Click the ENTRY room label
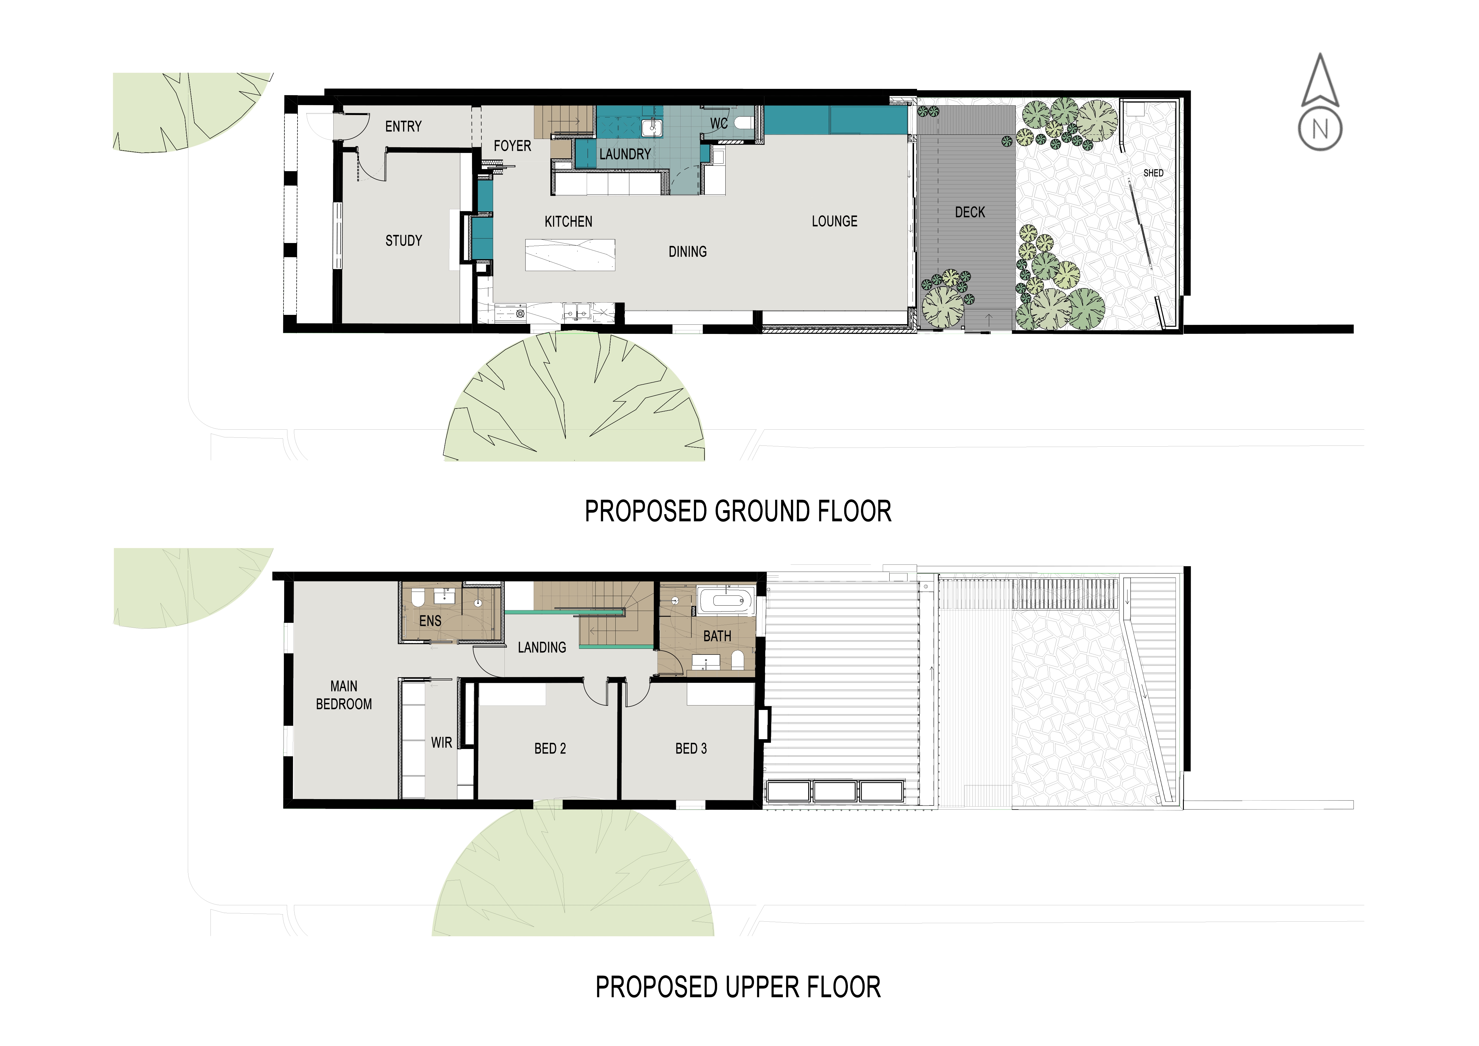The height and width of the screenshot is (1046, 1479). [403, 126]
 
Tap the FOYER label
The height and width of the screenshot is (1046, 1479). [513, 146]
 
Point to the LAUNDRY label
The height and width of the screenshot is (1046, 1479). [625, 154]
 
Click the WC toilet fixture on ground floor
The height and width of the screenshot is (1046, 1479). [743, 122]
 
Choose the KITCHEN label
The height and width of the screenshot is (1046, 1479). [568, 222]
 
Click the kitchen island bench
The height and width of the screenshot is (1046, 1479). [570, 255]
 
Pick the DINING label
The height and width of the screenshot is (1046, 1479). [687, 252]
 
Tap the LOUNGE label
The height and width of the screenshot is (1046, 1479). [834, 222]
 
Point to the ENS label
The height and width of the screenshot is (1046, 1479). [430, 621]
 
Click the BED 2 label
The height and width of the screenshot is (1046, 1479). [550, 748]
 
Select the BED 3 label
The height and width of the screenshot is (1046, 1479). [691, 748]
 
